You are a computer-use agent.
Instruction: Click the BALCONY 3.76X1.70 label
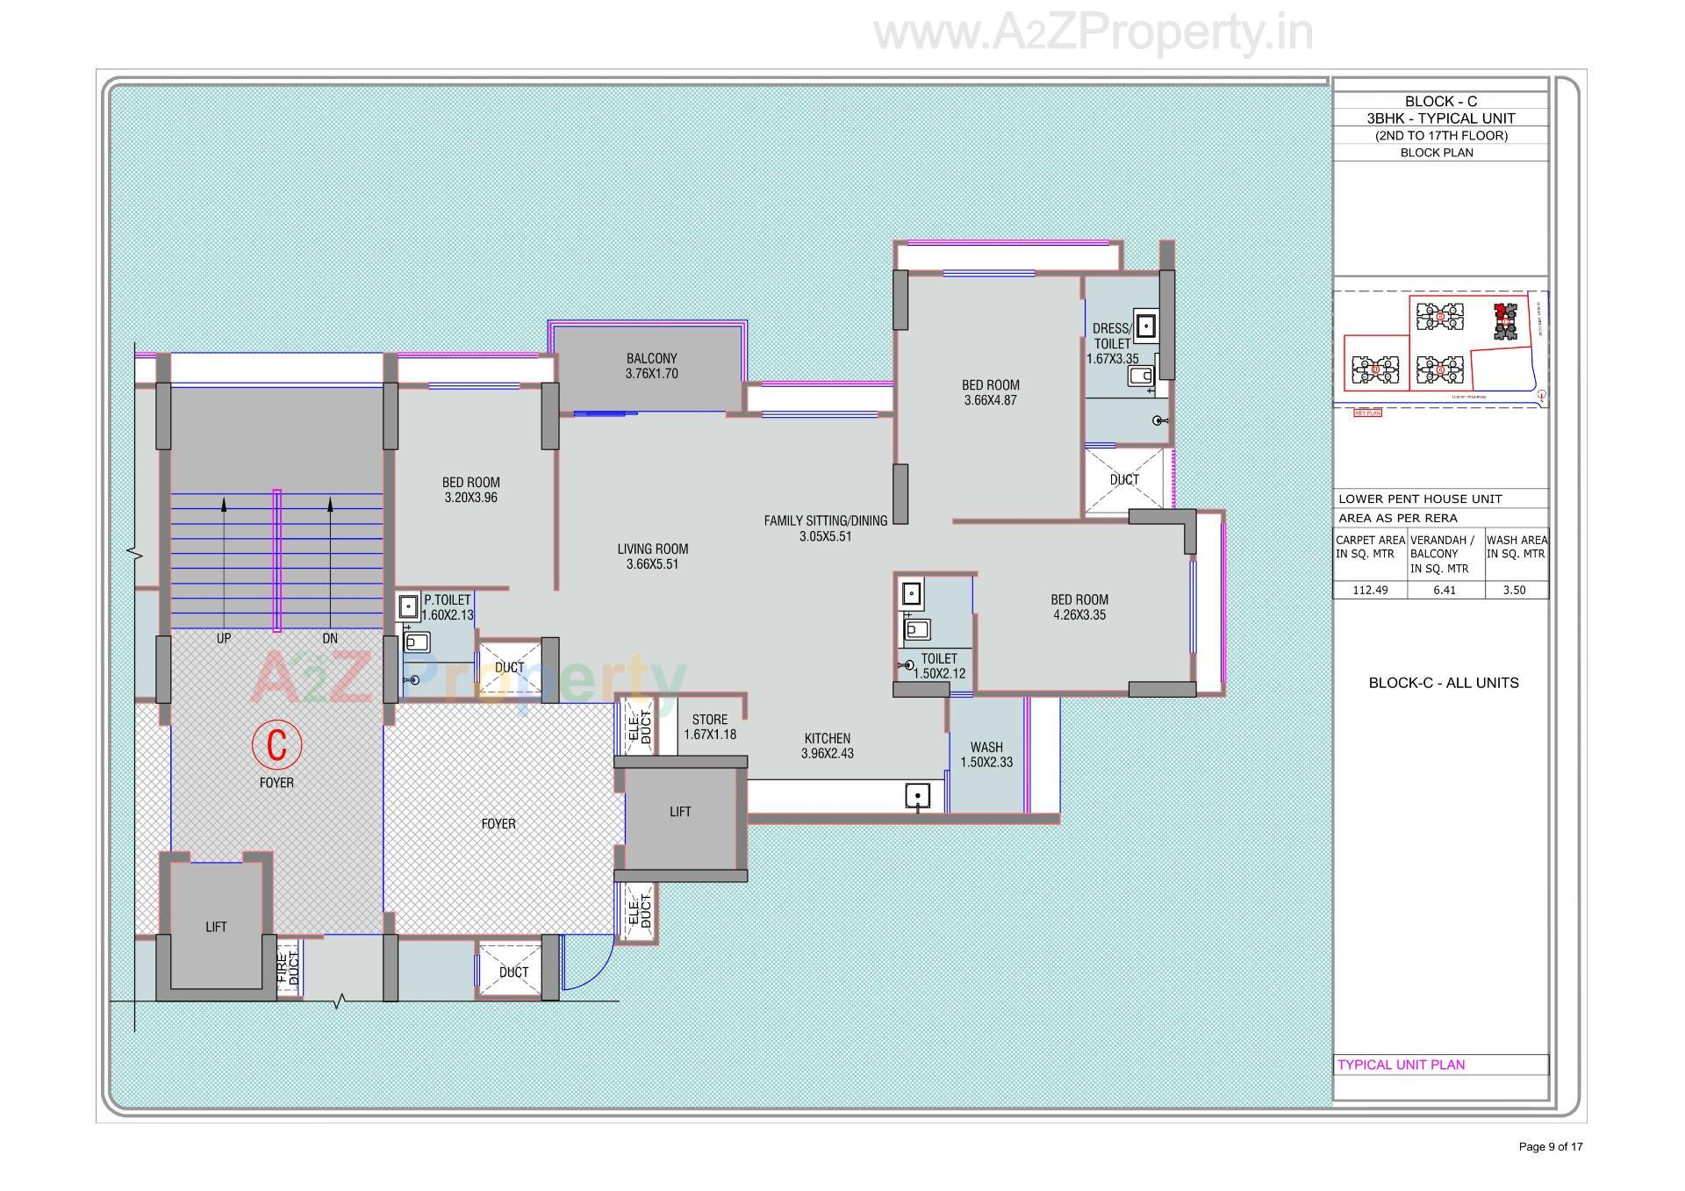[x=651, y=366]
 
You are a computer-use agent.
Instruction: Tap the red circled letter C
[x=276, y=744]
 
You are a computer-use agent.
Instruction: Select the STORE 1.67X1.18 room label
[x=709, y=727]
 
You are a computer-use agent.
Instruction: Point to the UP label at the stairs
[x=224, y=639]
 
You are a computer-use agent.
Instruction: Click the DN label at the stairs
[x=330, y=639]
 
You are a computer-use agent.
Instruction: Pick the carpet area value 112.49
[x=1370, y=590]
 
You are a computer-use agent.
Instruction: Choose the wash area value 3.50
[x=1514, y=590]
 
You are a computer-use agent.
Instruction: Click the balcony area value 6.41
[x=1444, y=590]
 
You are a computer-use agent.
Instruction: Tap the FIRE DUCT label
[x=288, y=968]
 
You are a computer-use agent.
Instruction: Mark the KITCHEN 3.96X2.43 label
[x=827, y=745]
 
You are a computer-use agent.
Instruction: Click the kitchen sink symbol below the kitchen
[x=917, y=797]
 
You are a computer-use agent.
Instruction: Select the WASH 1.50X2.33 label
[x=986, y=755]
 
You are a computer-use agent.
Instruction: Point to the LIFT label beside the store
[x=680, y=812]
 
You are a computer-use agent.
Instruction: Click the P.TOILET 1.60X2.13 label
[x=448, y=607]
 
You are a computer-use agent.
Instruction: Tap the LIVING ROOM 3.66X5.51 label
[x=652, y=556]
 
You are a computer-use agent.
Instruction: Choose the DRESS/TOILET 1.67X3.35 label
[x=1112, y=343]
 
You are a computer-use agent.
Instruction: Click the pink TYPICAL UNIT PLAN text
[x=1401, y=1065]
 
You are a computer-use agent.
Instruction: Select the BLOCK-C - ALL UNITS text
[x=1443, y=683]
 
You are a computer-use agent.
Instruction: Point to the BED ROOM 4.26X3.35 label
[x=1079, y=607]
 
